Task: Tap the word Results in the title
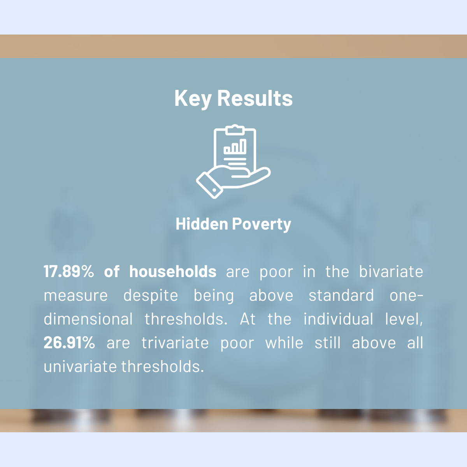[x=255, y=98]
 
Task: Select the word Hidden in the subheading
[x=202, y=224]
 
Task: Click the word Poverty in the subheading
[x=262, y=225]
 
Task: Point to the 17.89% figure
[x=69, y=271]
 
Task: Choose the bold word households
[x=173, y=271]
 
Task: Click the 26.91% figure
[x=69, y=343]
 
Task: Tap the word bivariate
[x=391, y=271]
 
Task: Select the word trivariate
[x=175, y=343]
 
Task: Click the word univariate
[x=80, y=366]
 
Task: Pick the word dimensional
[x=88, y=319]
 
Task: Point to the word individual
[x=338, y=319]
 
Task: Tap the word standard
[x=341, y=295]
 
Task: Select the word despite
[x=151, y=296]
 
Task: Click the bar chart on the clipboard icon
[x=235, y=146]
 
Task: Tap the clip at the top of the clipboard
[x=235, y=130]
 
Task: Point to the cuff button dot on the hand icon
[x=214, y=190]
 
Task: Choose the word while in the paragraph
[x=284, y=342]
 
